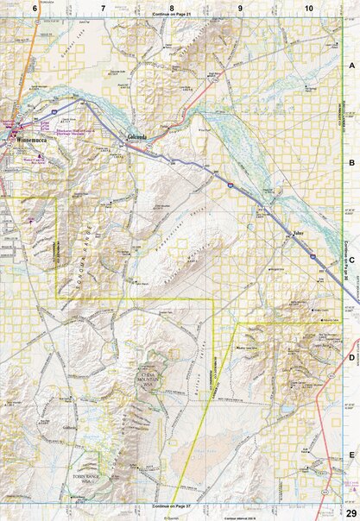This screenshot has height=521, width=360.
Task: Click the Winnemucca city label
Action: point(25,141)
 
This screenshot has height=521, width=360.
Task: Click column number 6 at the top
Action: point(35,8)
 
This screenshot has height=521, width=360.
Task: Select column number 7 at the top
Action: point(103,8)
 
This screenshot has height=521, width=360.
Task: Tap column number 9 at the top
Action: point(240,8)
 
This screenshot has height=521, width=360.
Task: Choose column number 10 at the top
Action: point(308,8)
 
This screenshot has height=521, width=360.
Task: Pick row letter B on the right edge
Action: point(351,162)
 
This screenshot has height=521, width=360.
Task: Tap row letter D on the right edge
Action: point(351,356)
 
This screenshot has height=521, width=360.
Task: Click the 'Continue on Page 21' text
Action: point(173,16)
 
